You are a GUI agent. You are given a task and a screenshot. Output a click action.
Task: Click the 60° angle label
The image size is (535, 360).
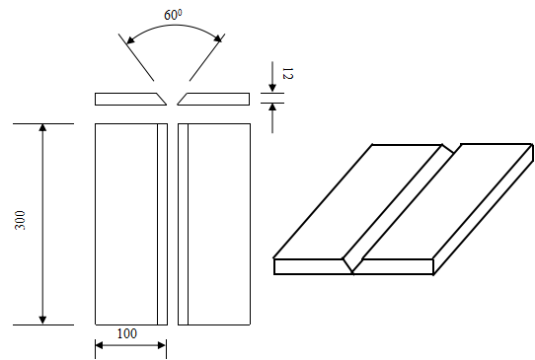pos(173,15)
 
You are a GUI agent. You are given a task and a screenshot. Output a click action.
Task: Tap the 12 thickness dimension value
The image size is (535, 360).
pos(287,73)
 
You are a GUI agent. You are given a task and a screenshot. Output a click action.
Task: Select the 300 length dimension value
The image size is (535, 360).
pos(20,220)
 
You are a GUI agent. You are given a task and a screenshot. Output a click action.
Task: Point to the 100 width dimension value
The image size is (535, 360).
pos(127,333)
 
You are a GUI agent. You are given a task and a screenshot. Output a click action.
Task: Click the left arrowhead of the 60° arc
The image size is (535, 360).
pos(130,39)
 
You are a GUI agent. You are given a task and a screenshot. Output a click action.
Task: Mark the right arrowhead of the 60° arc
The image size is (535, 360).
pos(218,38)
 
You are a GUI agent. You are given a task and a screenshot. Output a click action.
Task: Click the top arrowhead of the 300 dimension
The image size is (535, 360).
pos(42,128)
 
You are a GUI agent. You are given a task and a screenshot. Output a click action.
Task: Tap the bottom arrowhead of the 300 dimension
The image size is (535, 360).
pos(42,320)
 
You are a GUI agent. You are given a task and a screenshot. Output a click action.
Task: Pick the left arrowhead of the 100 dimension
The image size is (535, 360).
pos(100,345)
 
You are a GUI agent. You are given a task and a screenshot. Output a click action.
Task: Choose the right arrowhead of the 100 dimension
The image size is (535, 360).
pos(162,345)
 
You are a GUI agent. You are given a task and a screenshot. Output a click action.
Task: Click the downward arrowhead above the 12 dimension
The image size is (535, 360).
pos(272,88)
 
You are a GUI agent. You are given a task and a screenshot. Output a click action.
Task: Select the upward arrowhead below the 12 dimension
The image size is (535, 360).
pos(272,108)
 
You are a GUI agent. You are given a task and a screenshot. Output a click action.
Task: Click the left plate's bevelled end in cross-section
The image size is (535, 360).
pos(160,99)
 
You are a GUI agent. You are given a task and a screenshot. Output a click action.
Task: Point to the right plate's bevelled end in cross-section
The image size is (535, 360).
pos(183,99)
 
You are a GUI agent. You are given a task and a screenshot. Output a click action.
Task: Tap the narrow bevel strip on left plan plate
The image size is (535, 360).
pos(163,224)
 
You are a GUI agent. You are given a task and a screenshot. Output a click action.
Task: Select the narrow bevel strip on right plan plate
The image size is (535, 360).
pos(184,224)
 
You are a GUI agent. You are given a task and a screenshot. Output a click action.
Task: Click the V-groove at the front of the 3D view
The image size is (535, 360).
pos(352,264)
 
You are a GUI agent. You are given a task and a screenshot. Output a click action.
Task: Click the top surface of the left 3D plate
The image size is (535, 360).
pos(358,201)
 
